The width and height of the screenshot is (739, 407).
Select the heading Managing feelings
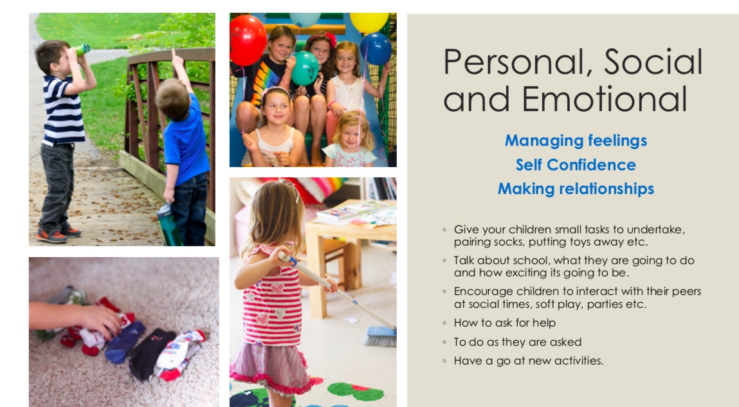pos(576,141)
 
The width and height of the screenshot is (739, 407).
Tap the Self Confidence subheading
pos(576,165)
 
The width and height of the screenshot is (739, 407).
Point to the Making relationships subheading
pos(576,189)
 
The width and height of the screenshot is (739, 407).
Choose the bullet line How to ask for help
pos(505,323)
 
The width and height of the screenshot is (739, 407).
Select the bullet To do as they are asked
pos(518,342)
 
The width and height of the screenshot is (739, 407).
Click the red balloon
pos(248,40)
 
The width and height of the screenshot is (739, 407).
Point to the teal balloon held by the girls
pos(305,68)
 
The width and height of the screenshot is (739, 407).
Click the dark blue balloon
pos(376,49)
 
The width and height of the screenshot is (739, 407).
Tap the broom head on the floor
pos(380,336)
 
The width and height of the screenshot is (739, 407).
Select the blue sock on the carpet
pos(124,342)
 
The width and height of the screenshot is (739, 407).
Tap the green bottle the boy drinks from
pos(82,50)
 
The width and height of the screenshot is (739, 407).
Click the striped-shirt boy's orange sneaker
pos(51,235)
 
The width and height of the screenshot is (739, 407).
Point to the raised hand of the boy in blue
pos(177,60)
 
